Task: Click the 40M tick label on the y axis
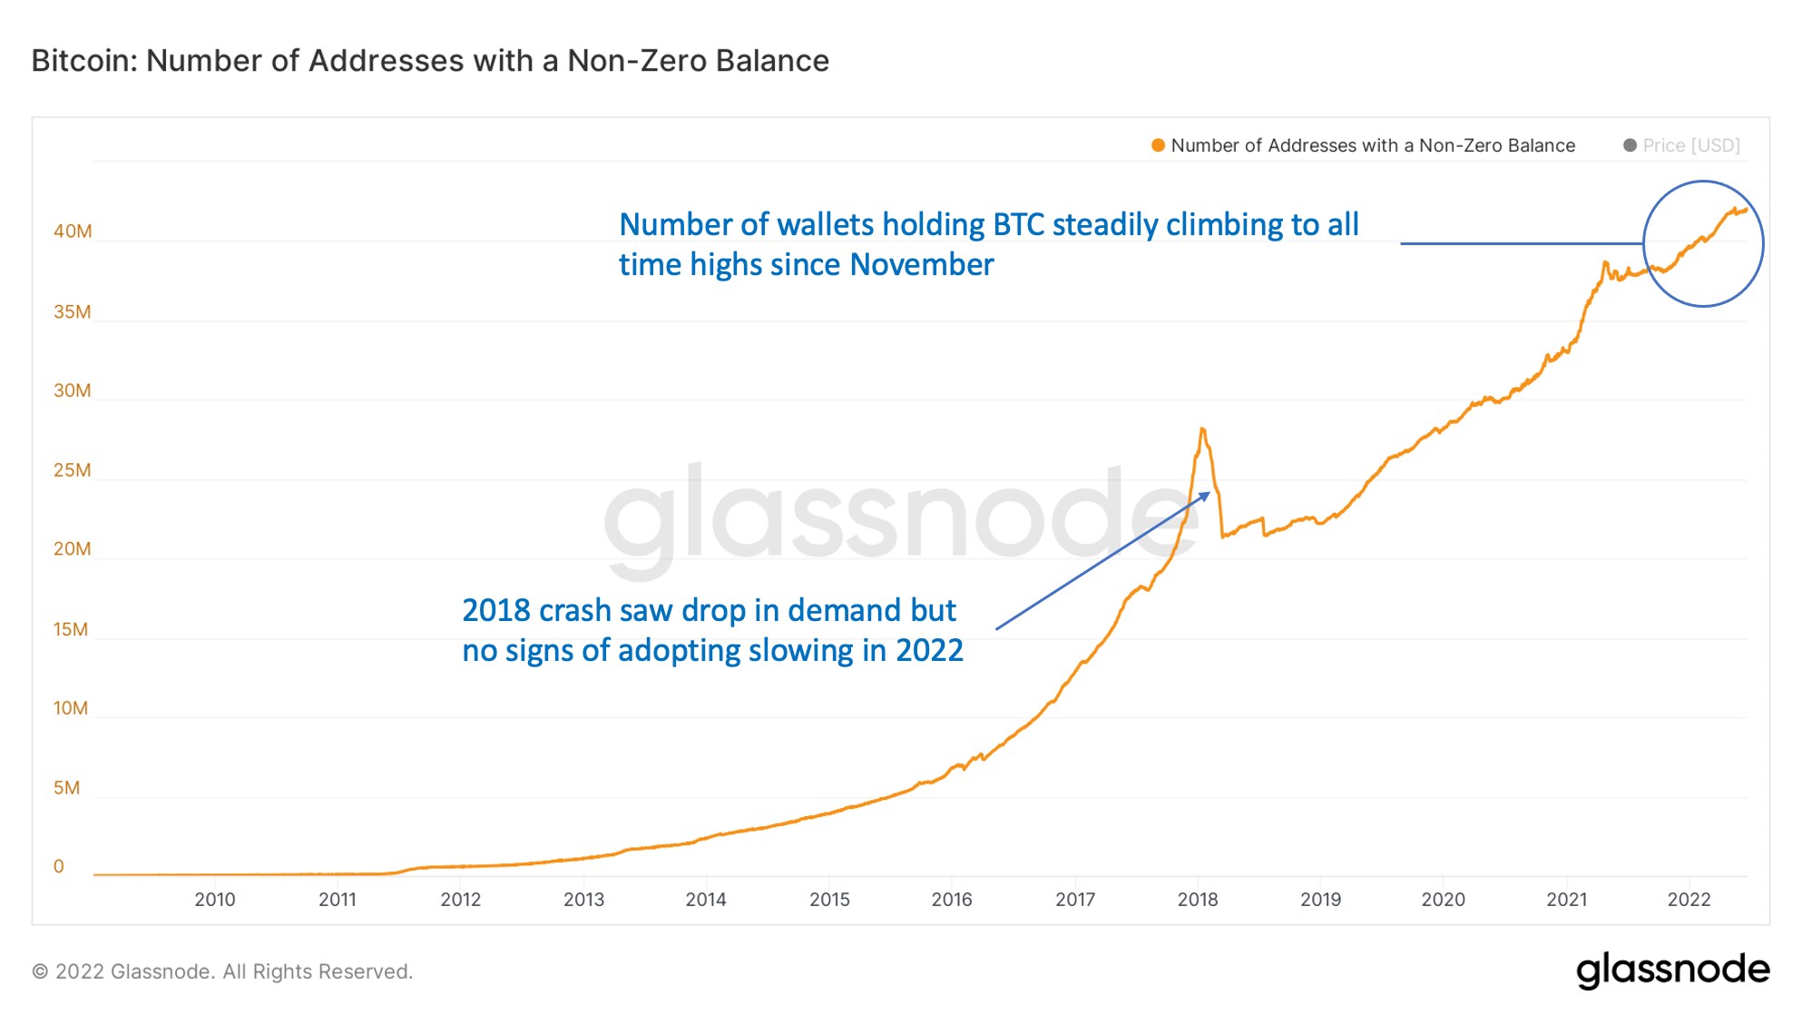[73, 232]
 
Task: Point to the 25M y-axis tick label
[73, 470]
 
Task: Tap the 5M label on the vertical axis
[67, 788]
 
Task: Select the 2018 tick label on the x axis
[1198, 900]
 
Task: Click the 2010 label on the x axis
[215, 900]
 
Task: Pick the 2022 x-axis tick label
[1689, 900]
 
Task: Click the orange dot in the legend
[1158, 145]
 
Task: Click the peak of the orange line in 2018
[1202, 429]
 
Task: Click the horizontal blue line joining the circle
[1521, 243]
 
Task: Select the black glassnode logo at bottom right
[1672, 971]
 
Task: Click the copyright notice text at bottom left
[222, 972]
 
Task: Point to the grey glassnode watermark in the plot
[898, 517]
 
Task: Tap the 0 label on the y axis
[59, 867]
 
